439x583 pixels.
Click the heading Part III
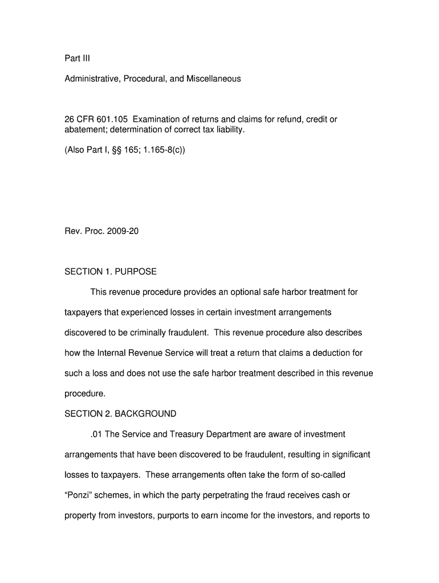tap(77, 58)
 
